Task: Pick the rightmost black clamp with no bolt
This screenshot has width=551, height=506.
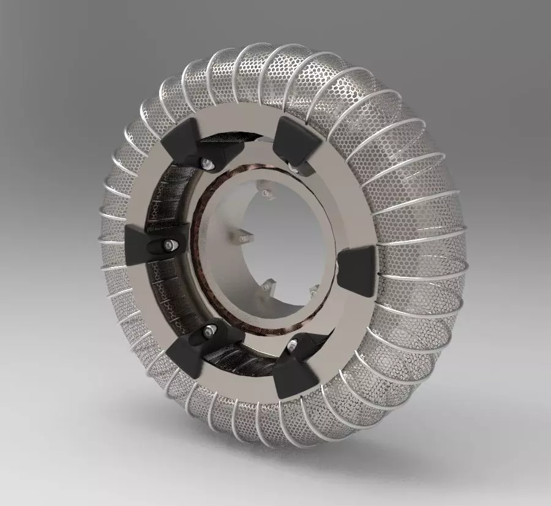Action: click(x=358, y=270)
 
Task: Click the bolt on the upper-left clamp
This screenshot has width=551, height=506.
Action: click(x=207, y=163)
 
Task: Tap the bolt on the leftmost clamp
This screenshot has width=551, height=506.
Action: click(x=168, y=246)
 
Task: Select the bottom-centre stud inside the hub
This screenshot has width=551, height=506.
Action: click(x=266, y=285)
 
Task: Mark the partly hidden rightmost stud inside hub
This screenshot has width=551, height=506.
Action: click(x=313, y=290)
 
